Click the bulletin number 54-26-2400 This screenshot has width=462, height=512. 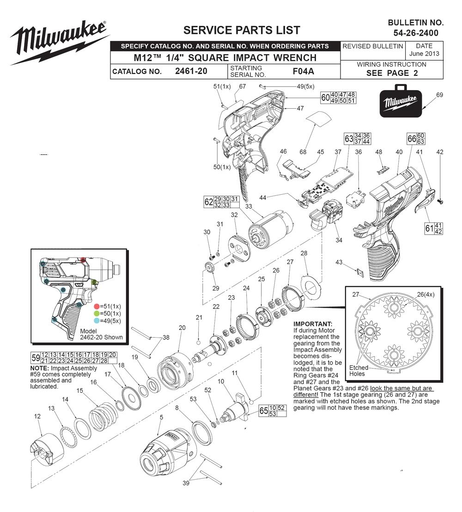click(x=416, y=33)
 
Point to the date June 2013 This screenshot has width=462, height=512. click(x=424, y=53)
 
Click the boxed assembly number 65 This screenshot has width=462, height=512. click(x=264, y=411)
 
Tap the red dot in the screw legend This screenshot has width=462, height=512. click(x=97, y=306)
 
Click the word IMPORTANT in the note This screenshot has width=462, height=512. click(x=313, y=324)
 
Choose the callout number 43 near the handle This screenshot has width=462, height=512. click(x=339, y=262)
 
